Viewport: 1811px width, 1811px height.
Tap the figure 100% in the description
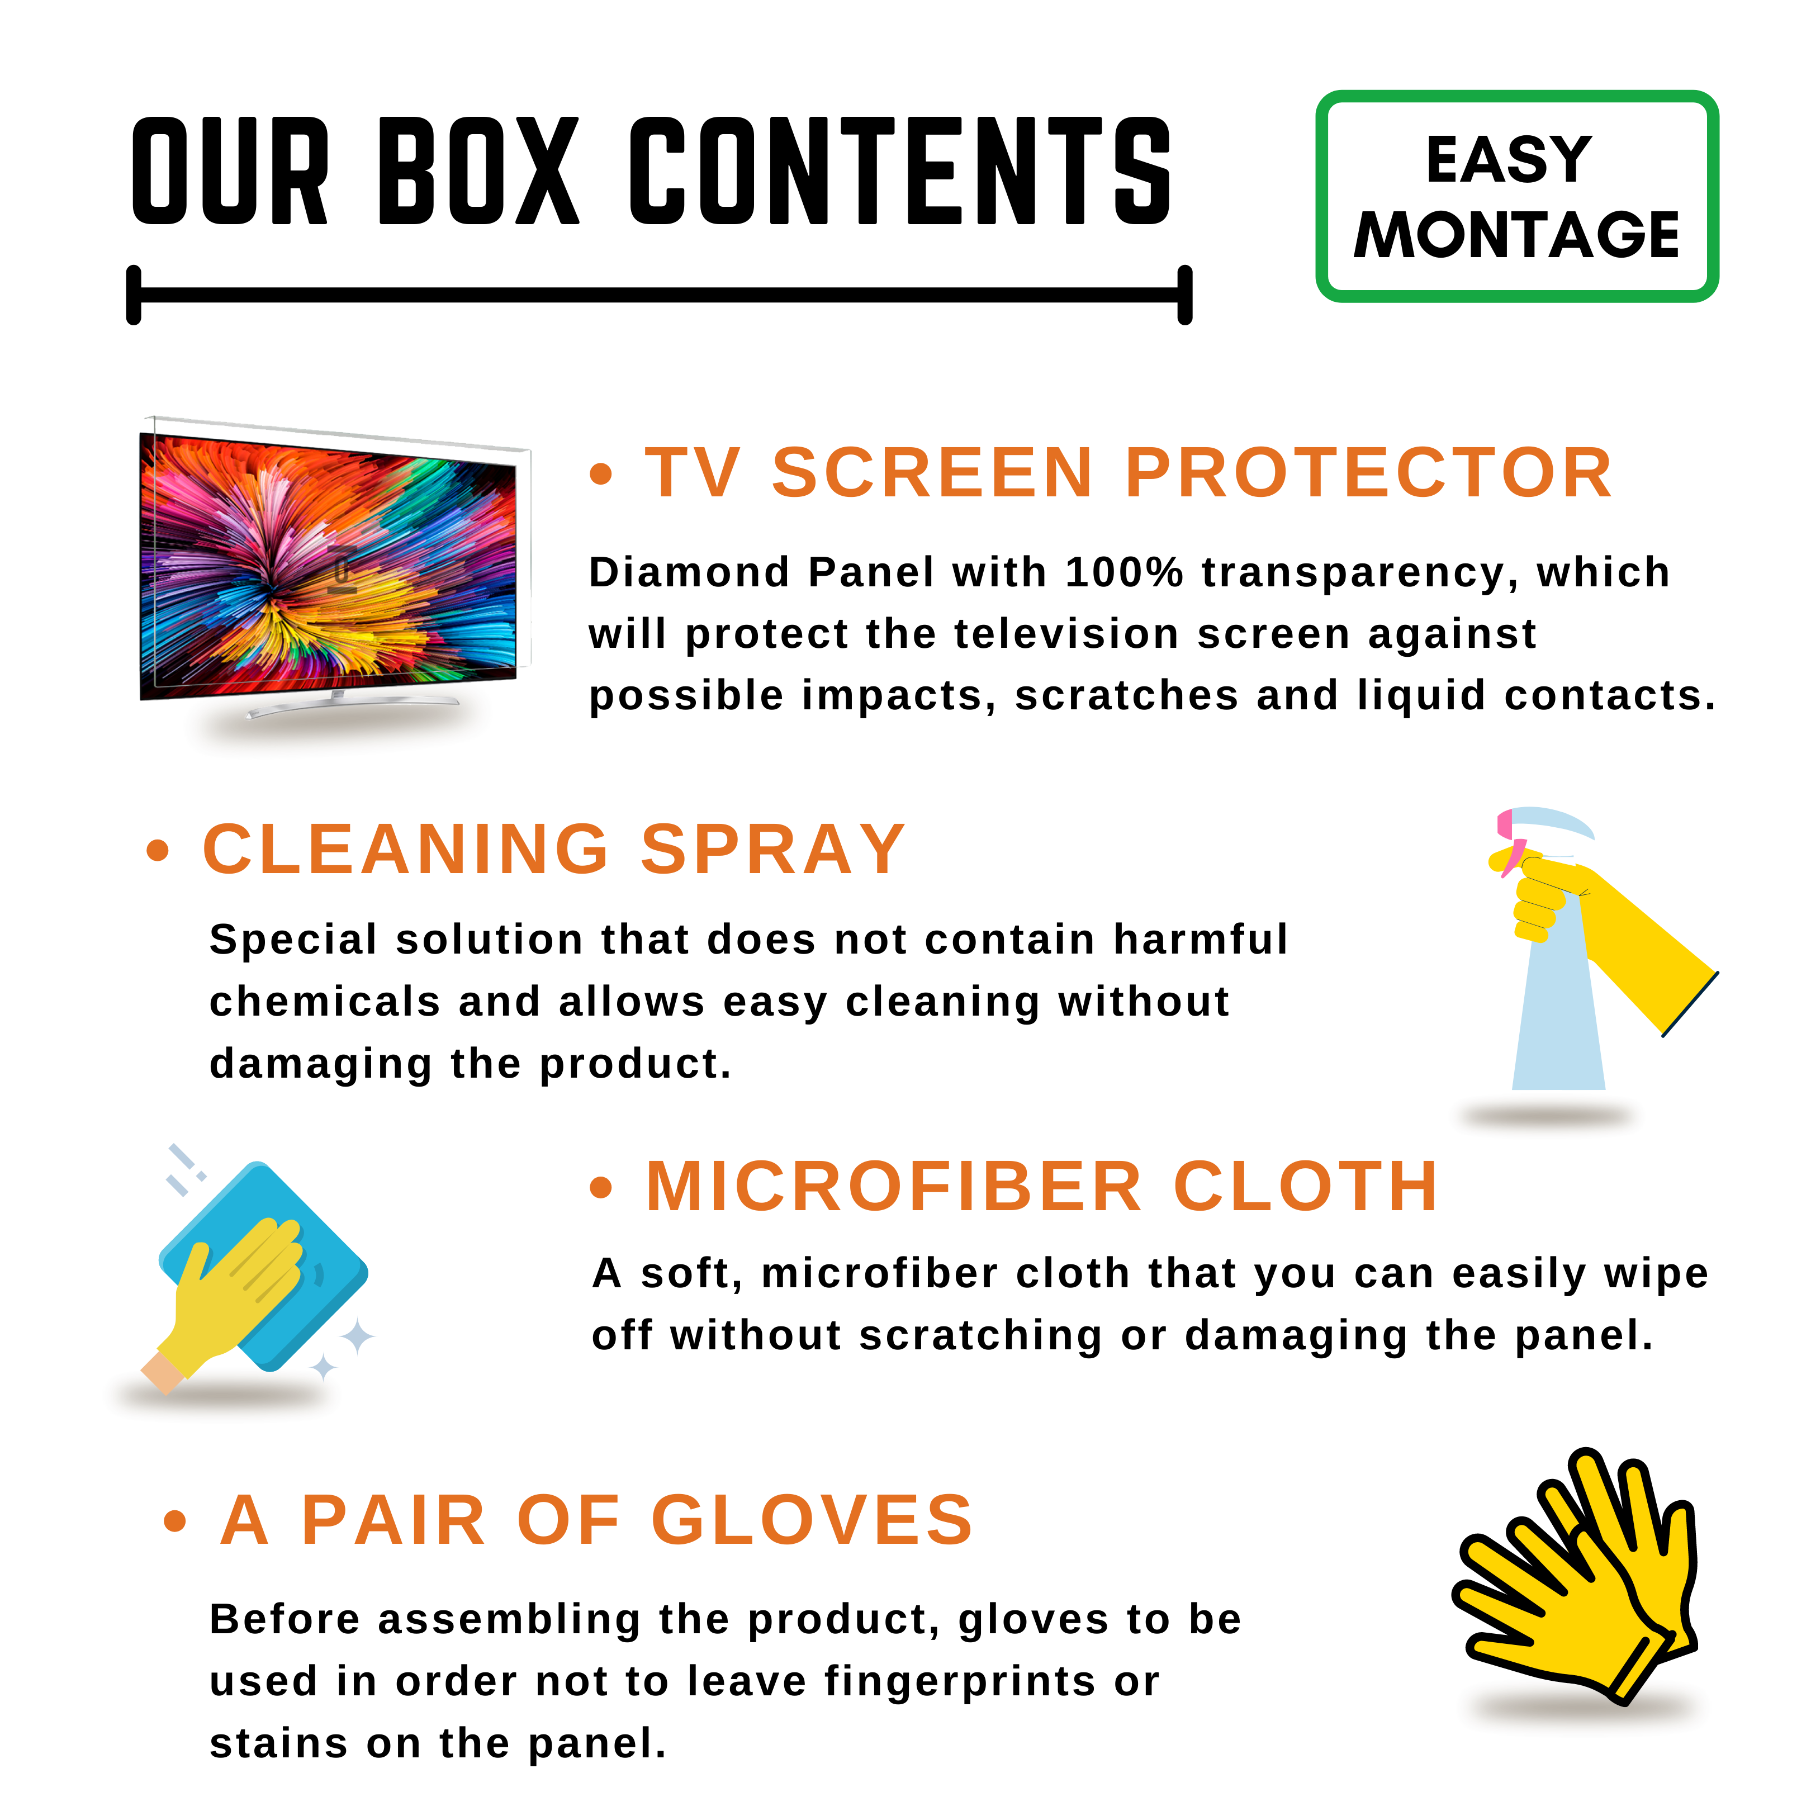(1124, 573)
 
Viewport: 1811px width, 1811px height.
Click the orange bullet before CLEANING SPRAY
(158, 850)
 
